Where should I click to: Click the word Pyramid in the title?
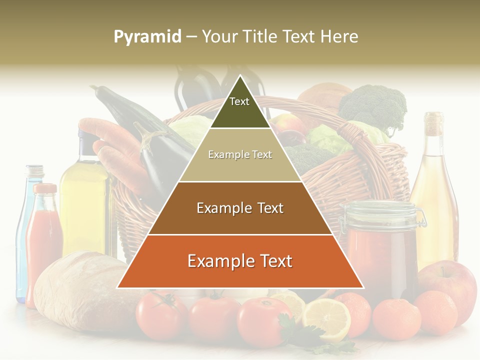147,37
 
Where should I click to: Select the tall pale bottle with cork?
434,190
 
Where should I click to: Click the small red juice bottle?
43,240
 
